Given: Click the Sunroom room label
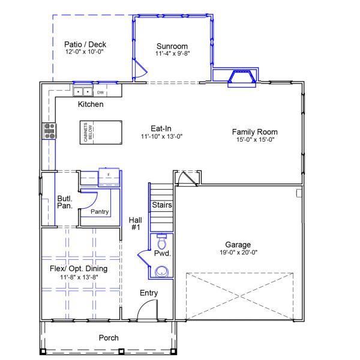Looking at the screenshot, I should click(x=172, y=46).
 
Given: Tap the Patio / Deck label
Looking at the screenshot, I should click(x=85, y=44).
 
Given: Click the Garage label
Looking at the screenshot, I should click(x=238, y=244).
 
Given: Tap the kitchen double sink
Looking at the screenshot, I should click(x=83, y=92).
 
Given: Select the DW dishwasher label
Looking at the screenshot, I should click(x=101, y=93).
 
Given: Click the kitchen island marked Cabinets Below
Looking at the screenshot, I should click(x=100, y=131).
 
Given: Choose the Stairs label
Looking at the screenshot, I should click(x=162, y=205).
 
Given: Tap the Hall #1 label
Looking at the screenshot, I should click(x=135, y=224).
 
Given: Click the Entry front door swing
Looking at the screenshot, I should click(x=146, y=311).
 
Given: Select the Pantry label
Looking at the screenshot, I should click(x=99, y=212).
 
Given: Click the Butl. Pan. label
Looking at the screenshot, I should click(x=65, y=202).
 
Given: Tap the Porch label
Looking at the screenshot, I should click(x=109, y=338).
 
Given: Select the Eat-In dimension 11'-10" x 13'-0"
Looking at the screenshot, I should click(x=161, y=136).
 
